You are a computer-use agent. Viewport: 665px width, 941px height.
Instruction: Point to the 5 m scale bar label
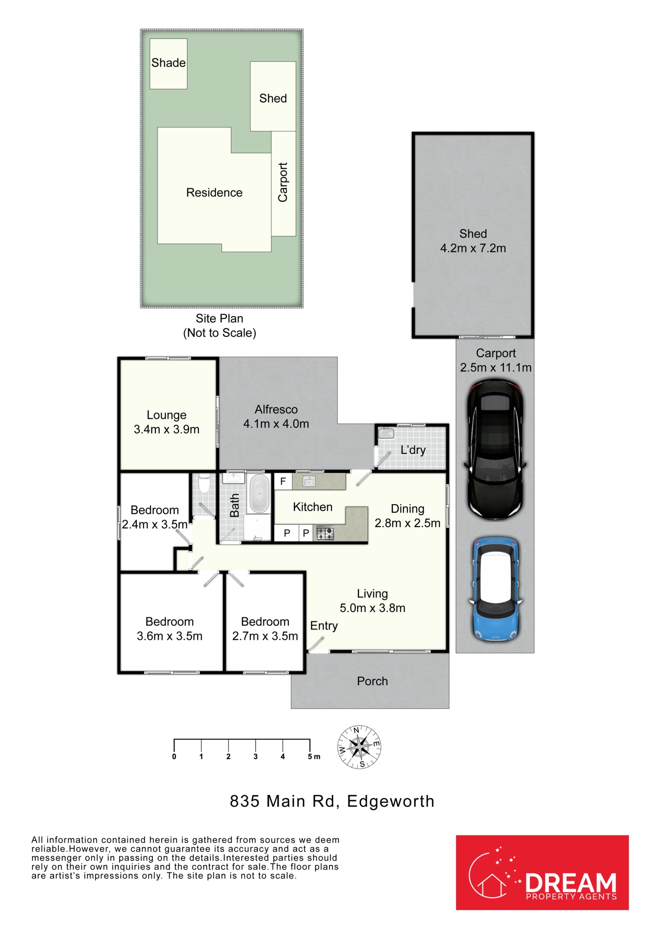(314, 757)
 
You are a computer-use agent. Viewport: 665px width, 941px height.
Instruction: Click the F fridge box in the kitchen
(283, 481)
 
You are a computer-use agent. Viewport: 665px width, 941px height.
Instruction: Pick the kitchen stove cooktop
(325, 533)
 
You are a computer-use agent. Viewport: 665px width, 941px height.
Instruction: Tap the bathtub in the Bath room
(259, 494)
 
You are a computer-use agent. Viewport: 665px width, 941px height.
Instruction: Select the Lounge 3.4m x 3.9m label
(167, 422)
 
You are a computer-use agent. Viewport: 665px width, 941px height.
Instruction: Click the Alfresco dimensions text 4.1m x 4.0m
(276, 424)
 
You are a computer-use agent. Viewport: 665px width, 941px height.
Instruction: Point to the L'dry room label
(413, 450)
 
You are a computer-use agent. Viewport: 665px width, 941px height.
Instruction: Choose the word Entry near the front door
(324, 626)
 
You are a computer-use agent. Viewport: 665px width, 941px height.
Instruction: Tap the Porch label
(372, 681)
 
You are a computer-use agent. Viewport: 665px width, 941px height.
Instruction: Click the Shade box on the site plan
(168, 64)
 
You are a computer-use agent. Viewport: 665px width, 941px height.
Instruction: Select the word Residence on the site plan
(214, 193)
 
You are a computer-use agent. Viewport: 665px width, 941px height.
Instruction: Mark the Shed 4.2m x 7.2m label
(473, 241)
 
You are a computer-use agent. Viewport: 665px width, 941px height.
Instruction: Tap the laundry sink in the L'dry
(386, 433)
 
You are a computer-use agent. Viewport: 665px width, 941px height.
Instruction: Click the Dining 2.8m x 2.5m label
(408, 516)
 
